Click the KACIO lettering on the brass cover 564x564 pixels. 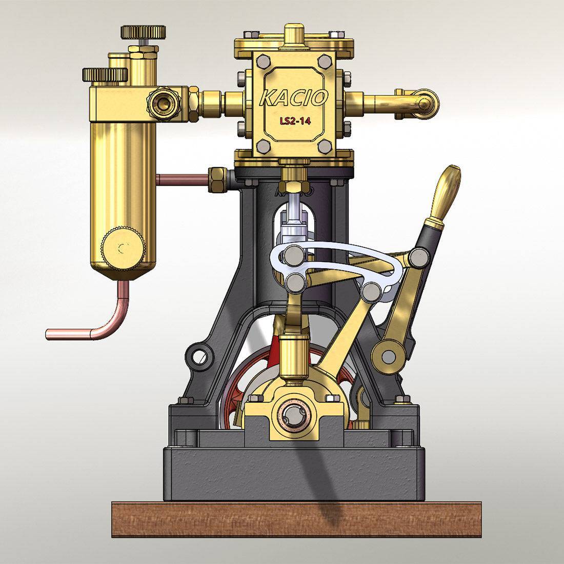(293, 97)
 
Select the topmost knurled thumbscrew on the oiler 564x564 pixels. (143, 32)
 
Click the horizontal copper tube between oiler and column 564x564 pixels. (182, 179)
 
